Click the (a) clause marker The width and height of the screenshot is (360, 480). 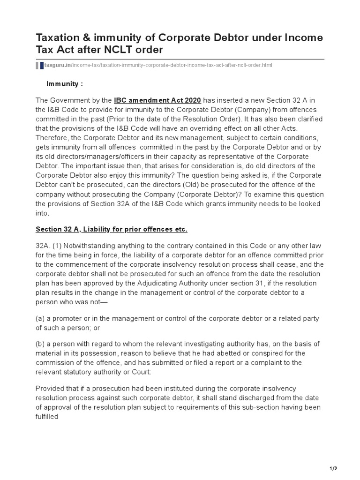(40, 319)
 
